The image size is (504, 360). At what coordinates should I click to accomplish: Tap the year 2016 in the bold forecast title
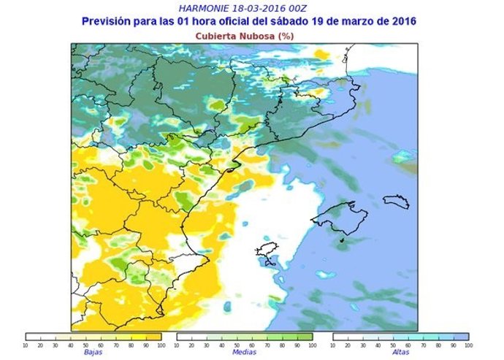(401, 21)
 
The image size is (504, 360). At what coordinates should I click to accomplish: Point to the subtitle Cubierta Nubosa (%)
(248, 35)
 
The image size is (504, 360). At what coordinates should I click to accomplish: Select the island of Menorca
(397, 201)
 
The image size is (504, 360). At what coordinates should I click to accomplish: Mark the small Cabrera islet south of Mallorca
(341, 240)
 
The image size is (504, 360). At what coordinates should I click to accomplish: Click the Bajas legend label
(93, 352)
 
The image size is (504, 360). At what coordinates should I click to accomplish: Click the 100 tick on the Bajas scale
(160, 345)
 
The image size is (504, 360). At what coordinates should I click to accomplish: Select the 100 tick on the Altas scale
(467, 345)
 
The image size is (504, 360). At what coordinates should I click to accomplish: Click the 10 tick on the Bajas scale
(26, 345)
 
